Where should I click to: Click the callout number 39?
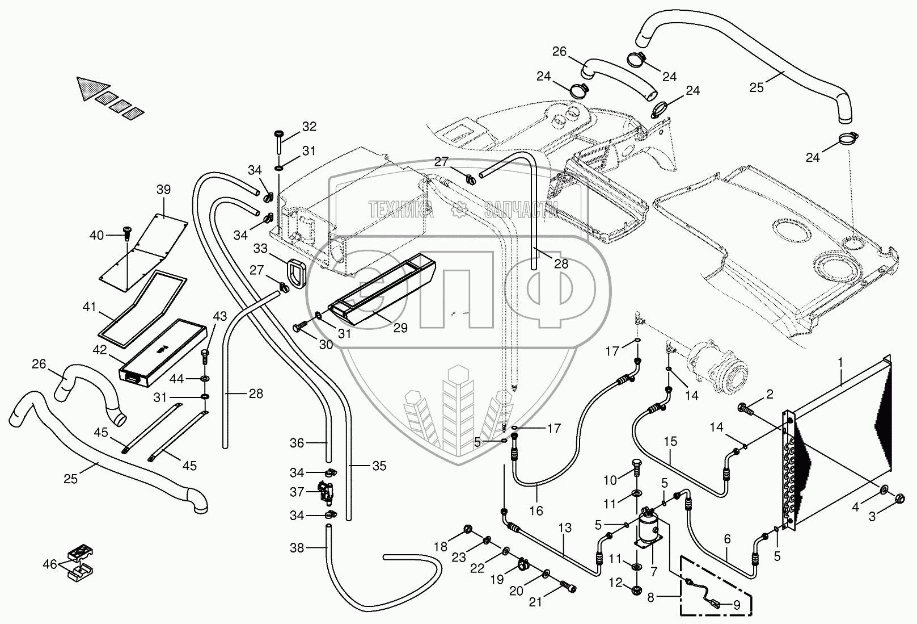(x=163, y=190)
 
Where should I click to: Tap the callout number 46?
(x=50, y=564)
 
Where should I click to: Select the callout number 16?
(x=536, y=510)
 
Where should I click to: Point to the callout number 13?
(x=565, y=527)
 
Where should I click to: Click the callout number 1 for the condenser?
(x=840, y=362)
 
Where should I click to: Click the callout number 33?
(x=260, y=249)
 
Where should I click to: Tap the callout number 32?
(x=309, y=127)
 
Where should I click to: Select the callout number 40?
(x=96, y=235)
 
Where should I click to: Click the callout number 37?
(x=297, y=492)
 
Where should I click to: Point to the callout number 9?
(x=737, y=605)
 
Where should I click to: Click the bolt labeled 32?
(x=279, y=142)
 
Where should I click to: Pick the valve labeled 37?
(x=326, y=492)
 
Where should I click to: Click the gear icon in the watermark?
(x=459, y=209)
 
